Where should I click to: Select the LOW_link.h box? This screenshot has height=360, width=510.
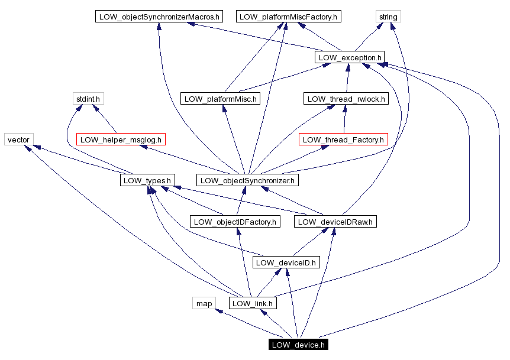253,303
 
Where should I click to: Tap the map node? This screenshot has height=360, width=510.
204,303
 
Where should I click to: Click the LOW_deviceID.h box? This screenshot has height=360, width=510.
286,262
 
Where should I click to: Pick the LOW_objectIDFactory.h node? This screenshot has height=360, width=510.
235,222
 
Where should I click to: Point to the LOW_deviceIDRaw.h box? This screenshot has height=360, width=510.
335,222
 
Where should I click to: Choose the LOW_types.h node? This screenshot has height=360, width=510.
146,180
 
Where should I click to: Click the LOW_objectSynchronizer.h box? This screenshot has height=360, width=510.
247,180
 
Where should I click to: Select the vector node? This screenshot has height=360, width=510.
18,140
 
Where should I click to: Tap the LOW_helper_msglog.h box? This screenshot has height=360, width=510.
121,140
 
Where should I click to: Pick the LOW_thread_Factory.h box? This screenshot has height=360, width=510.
343,140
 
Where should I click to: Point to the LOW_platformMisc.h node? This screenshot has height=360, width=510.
220,99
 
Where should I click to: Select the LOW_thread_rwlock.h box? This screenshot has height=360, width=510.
346,99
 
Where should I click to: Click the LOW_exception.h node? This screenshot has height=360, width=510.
350,57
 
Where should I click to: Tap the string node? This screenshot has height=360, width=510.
388,17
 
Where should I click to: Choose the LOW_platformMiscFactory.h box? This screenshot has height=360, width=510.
288,17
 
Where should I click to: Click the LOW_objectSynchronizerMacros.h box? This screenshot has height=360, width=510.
159,17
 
